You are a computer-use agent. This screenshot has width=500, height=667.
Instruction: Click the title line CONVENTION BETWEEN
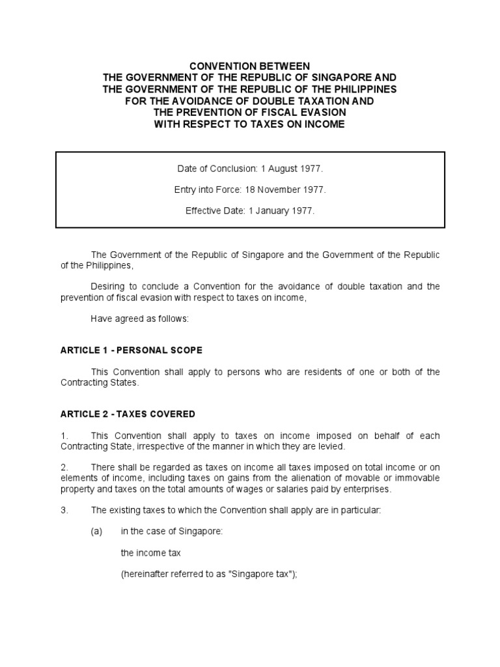coord(250,66)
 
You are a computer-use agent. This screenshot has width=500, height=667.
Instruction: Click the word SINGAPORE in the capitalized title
coord(339,78)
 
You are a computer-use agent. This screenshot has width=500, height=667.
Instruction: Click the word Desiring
coord(110,286)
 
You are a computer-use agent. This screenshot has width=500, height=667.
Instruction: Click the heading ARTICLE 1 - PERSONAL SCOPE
coord(131,350)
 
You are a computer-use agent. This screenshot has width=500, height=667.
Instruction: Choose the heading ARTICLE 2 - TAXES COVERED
coord(128,414)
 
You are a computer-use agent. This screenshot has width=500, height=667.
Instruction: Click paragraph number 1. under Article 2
coord(64,435)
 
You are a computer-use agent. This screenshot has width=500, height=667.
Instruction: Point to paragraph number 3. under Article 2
coord(64,510)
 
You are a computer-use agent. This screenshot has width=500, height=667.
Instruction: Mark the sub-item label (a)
coord(97,531)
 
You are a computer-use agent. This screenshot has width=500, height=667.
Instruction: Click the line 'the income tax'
coord(151,552)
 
